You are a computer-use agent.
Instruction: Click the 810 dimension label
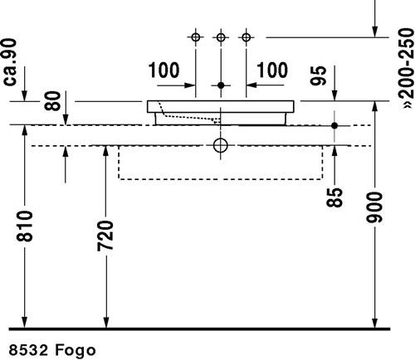[x=25, y=226]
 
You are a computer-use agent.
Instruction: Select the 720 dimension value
[x=105, y=236]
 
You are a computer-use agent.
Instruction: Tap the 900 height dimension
[x=374, y=207]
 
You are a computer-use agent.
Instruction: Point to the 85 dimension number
[x=334, y=197]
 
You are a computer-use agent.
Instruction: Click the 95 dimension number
[x=318, y=75]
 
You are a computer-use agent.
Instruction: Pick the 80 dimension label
[x=52, y=101]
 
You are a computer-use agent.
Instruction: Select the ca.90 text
[x=10, y=62]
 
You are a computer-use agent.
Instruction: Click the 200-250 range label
[x=407, y=68]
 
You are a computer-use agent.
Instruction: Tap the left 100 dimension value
[x=164, y=70]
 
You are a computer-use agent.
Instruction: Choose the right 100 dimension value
[x=272, y=70]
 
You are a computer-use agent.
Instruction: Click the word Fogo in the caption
[x=76, y=351]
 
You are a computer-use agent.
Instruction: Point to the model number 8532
[x=28, y=350]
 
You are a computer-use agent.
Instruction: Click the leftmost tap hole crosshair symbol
[x=196, y=37]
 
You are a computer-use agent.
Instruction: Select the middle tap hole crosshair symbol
[x=221, y=37]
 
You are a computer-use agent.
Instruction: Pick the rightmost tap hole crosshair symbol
[x=247, y=37]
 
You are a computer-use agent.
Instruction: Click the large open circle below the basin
[x=221, y=139]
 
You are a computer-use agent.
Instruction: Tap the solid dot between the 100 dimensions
[x=221, y=85]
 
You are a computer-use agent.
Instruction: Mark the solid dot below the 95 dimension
[x=334, y=125]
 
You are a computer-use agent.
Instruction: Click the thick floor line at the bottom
[x=199, y=329]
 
